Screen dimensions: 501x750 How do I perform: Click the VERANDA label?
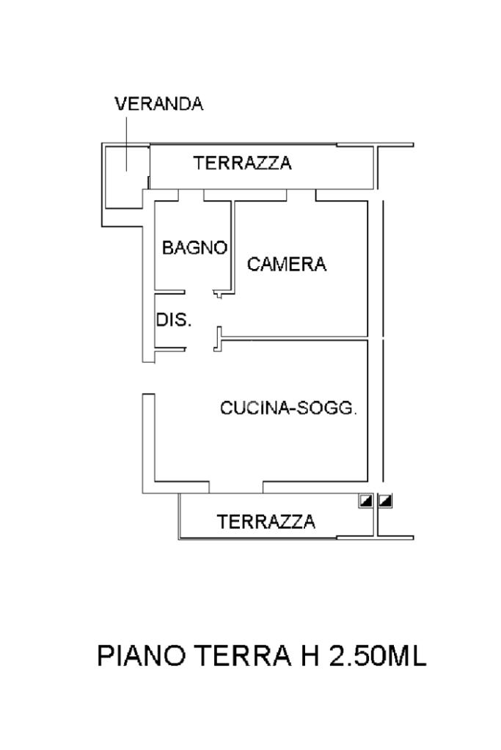click(158, 104)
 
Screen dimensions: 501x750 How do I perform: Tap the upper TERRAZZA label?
click(242, 163)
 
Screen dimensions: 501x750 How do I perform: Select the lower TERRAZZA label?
click(266, 521)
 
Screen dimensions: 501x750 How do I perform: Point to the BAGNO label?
click(194, 248)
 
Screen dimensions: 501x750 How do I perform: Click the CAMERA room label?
click(287, 264)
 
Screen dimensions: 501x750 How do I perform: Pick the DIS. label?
click(174, 320)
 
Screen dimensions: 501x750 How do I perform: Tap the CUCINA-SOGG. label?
click(288, 409)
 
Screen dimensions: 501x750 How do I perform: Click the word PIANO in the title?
click(142, 655)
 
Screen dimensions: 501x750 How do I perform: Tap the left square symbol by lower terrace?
click(365, 500)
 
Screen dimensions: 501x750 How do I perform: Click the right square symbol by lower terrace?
click(384, 500)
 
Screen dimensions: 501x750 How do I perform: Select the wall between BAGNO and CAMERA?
click(232, 242)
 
